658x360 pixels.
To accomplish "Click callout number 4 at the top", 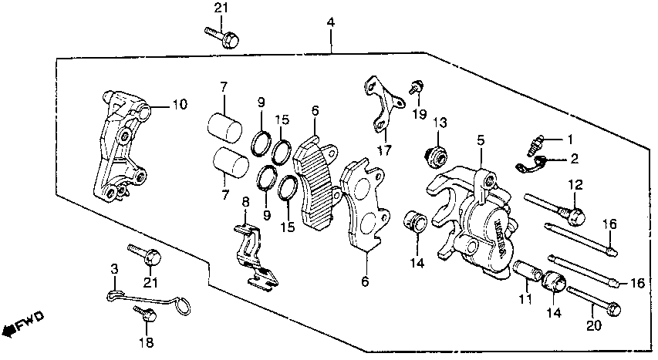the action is tap(331, 22).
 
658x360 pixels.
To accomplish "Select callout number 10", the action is tap(180, 104).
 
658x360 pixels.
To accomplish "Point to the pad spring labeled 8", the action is tap(255, 257).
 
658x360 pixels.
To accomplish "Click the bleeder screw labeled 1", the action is tap(533, 143).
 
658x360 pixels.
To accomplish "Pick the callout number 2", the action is tap(574, 159).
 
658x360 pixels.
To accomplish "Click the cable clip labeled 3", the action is tap(147, 300).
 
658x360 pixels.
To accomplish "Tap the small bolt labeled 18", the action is tap(146, 314).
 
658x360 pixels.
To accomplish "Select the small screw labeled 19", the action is tap(416, 87).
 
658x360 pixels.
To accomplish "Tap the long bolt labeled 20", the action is tap(594, 301).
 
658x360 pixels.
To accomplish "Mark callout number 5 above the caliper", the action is tap(481, 140).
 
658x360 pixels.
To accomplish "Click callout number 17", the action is tap(384, 150).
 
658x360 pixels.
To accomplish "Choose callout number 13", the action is tap(440, 123).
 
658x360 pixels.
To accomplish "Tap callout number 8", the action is tap(245, 202).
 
